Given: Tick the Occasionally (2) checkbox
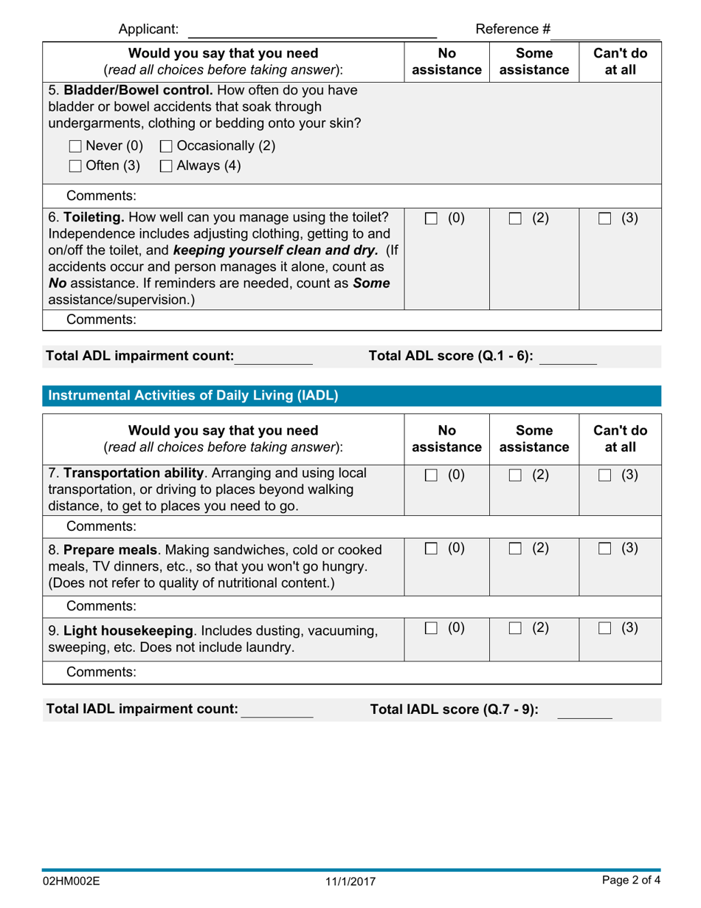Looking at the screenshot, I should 166,146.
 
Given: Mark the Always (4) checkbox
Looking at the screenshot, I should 166,167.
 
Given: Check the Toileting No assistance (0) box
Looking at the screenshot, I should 432,219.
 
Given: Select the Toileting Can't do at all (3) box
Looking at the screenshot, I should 605,219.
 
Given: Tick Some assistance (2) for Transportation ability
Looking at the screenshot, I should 515,476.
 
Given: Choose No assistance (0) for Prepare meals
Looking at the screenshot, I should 432,549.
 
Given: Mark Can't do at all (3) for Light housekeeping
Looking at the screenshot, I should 605,628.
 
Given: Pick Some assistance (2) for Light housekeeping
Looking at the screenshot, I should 515,628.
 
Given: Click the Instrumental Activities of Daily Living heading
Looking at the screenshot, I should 193,396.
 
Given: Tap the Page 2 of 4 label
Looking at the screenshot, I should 631,881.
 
